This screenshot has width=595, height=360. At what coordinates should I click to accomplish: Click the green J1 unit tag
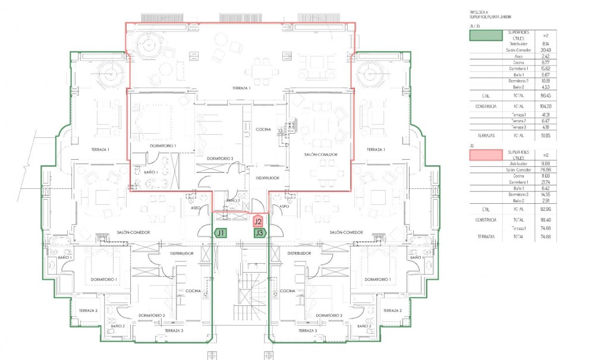(x=221, y=233)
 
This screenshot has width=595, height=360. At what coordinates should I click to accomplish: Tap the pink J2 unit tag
(x=258, y=221)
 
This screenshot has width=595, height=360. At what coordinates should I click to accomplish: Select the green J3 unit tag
(x=259, y=233)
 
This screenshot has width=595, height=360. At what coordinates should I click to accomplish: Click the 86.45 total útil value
(x=546, y=95)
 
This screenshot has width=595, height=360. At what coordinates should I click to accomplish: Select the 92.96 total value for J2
(x=546, y=209)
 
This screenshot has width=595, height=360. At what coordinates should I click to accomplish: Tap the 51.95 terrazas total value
(x=546, y=135)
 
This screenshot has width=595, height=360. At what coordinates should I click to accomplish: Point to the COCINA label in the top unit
(x=263, y=129)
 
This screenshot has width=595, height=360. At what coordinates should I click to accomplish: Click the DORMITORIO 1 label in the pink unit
(x=162, y=146)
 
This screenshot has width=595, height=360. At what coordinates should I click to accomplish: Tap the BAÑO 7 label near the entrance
(x=232, y=201)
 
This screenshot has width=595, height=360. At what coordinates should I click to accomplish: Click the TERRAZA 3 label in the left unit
(x=174, y=330)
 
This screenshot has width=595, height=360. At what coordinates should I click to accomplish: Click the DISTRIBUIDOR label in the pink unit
(x=267, y=178)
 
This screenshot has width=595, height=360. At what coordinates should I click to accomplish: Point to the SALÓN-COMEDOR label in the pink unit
(x=321, y=154)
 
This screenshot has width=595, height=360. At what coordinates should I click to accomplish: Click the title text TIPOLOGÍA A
(x=478, y=12)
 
